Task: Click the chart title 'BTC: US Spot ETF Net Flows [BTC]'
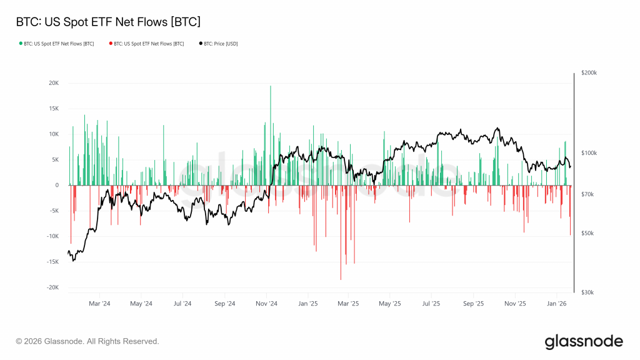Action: pyautogui.click(x=107, y=22)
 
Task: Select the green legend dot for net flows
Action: pyautogui.click(x=21, y=44)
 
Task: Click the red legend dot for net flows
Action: pyautogui.click(x=111, y=44)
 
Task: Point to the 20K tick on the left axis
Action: pyautogui.click(x=53, y=83)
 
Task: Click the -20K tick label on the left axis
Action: pyautogui.click(x=52, y=287)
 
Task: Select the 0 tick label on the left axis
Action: pyautogui.click(x=57, y=185)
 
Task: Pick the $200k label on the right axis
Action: pyautogui.click(x=589, y=73)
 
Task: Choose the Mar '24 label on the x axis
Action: pyautogui.click(x=99, y=304)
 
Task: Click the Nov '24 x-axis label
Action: pyautogui.click(x=266, y=304)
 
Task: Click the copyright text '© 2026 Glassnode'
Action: pyautogui.click(x=87, y=341)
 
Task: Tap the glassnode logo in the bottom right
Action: pyautogui.click(x=584, y=341)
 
